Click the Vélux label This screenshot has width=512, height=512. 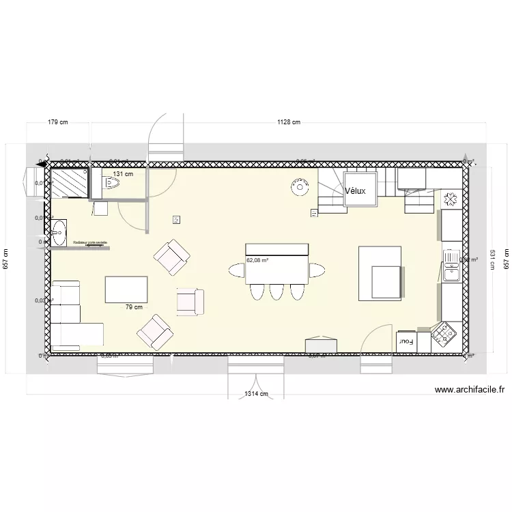click(355, 191)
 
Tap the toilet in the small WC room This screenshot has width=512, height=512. click(109, 182)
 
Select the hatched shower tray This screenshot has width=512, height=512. click(69, 182)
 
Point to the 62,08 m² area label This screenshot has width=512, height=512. click(257, 260)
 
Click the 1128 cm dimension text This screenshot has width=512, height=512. click(288, 123)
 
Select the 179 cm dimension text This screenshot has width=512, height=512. click(58, 123)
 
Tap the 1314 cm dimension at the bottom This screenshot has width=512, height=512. click(256, 394)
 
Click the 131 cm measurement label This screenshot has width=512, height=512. click(123, 174)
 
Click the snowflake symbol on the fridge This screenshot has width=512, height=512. click(450, 199)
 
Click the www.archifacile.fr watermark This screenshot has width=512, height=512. click(469, 390)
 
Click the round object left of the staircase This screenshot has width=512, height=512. click(298, 186)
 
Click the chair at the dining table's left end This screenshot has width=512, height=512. click(236, 272)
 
